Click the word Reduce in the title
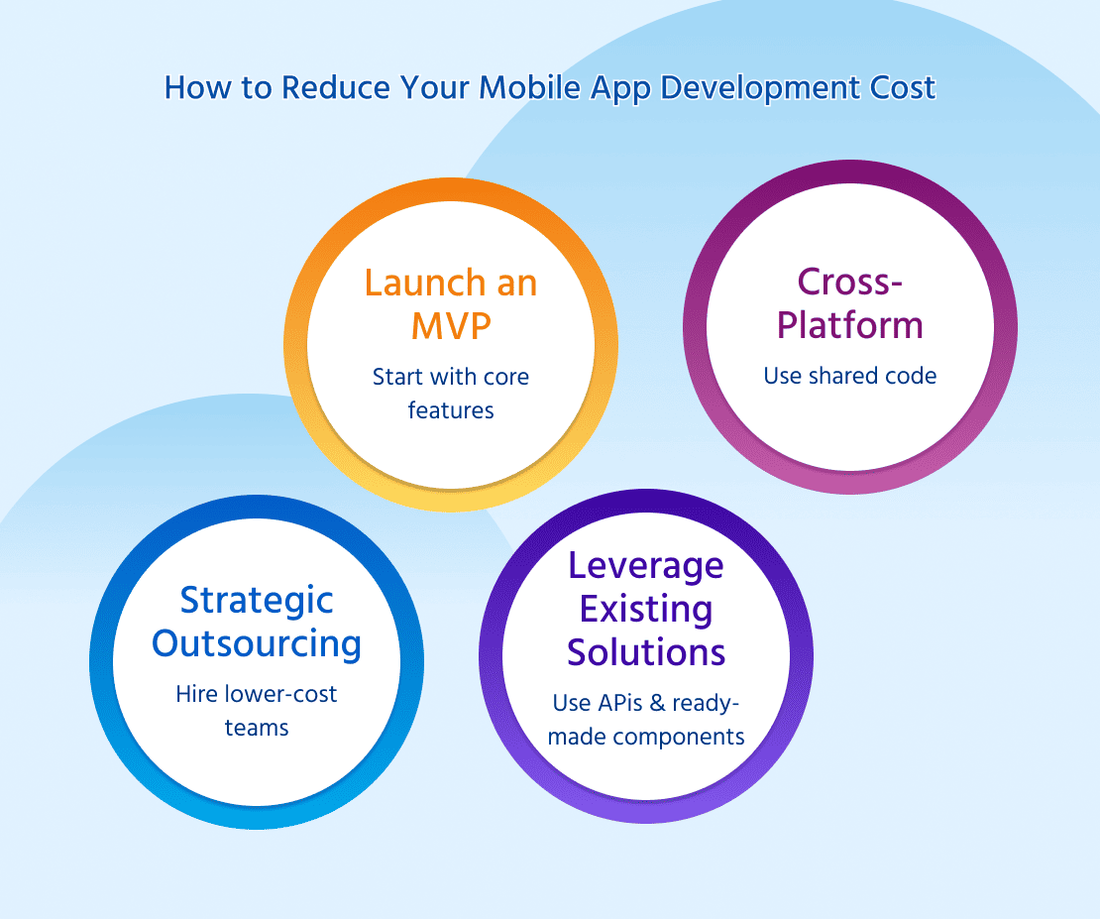pos(335,88)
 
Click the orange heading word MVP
pos(450,326)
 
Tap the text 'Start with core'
pos(450,377)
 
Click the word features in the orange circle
pos(450,410)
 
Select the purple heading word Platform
pos(849,325)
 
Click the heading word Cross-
pos(849,283)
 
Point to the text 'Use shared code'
pos(849,376)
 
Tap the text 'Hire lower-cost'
pos(257,694)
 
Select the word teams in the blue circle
pos(257,728)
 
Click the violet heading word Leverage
pos(645,567)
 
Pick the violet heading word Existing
pos(645,610)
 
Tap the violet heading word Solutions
pos(645,652)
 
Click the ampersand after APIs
pos(657,703)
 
